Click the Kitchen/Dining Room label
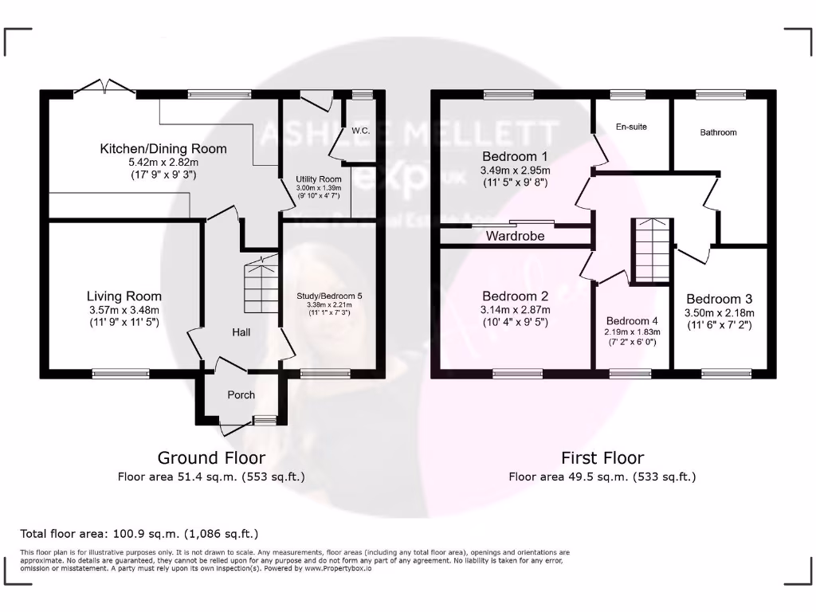[x=163, y=148]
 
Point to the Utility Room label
[x=318, y=179]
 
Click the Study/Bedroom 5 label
[x=328, y=296]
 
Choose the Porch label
[x=241, y=394]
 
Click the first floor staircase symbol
[x=653, y=250]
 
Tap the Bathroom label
[x=718, y=132]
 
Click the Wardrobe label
[x=515, y=236]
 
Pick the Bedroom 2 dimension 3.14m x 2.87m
[x=515, y=310]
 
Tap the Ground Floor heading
[x=211, y=457]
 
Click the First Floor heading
[x=602, y=457]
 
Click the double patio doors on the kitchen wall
[x=104, y=89]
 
